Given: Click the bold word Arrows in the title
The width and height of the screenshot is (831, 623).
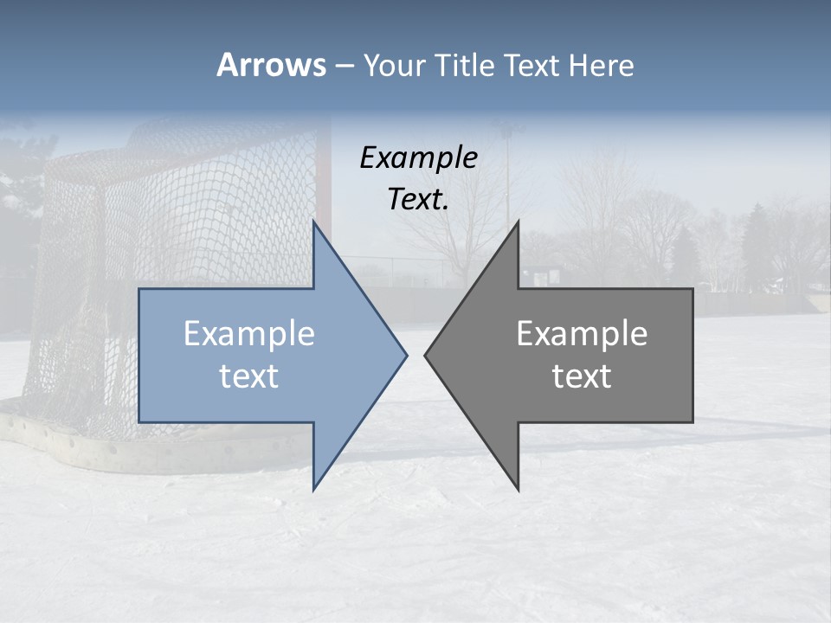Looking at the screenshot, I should point(271,65).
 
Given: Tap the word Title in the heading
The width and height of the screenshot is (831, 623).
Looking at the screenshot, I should point(467,66).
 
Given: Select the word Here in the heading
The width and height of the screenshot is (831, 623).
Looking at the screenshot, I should point(602,66).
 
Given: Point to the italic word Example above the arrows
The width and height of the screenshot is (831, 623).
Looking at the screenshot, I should point(419,158).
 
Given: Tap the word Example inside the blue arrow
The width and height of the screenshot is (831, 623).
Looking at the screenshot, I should point(249,334).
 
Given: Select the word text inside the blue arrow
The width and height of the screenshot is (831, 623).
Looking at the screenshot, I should point(249,376).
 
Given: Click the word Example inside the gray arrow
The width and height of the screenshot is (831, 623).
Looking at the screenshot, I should point(582,334).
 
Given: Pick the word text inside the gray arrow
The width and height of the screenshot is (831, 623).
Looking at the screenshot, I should point(582,376).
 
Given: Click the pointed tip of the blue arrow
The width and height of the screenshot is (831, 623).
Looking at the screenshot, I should point(407,355).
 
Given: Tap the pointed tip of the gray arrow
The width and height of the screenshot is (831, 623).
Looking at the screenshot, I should point(425,355).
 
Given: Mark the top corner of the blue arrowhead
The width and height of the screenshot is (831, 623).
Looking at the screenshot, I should point(314,222).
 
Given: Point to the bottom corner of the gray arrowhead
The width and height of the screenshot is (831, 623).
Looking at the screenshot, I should point(518,490).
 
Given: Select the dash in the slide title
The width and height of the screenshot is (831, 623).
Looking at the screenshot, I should point(345,66).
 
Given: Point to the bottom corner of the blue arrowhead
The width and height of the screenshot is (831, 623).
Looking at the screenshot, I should point(314,490).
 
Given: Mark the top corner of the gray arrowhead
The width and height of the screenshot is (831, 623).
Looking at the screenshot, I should point(518,222).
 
